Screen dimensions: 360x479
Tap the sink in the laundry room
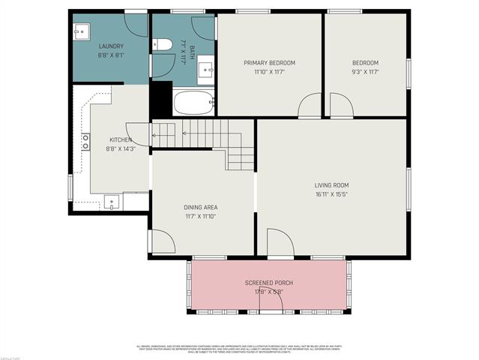click(82, 33)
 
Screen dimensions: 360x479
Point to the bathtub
click(193, 102)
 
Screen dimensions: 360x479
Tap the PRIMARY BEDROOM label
click(269, 63)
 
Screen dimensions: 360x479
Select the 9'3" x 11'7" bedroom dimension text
click(366, 72)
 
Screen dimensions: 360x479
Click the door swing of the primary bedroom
click(310, 106)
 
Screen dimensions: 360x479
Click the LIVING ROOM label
click(331, 185)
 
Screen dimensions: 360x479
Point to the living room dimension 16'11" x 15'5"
click(331, 194)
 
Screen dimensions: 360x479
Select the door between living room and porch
click(280, 243)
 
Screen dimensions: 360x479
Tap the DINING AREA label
click(201, 207)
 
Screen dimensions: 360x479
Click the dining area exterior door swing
click(162, 241)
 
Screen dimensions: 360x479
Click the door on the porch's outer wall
click(271, 301)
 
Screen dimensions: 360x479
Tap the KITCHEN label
click(121, 140)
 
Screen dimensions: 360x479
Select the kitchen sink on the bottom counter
click(111, 201)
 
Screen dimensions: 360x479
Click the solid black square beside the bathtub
click(160, 99)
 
